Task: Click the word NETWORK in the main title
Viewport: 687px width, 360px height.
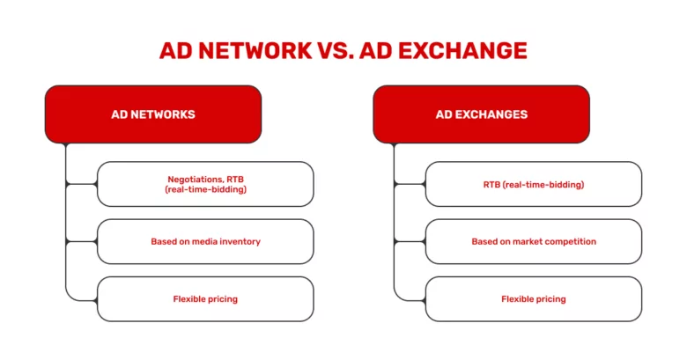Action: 255,49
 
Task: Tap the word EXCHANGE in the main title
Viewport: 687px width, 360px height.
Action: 462,49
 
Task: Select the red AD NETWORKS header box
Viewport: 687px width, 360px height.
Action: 153,114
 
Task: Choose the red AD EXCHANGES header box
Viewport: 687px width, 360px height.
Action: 481,114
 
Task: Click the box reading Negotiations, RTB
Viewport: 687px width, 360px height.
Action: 205,184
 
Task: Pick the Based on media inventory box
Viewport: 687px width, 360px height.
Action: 205,241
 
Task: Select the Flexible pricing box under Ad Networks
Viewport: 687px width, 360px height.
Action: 205,298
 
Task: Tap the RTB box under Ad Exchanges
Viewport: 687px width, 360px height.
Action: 534,184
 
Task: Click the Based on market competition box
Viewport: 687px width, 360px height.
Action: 534,241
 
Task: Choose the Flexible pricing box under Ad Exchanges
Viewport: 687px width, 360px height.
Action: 534,298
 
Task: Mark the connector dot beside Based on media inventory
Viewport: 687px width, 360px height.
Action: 67,241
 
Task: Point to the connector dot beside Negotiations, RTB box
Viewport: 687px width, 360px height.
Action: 67,184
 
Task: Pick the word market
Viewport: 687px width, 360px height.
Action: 528,241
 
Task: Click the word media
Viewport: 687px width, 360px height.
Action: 203,241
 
